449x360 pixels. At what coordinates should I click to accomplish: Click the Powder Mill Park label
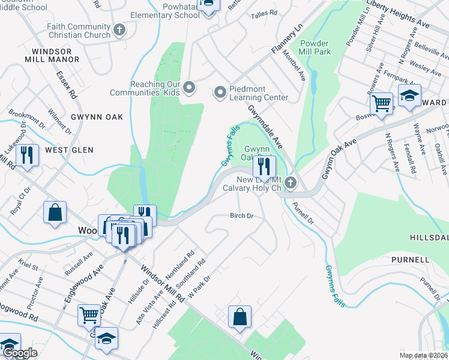(314, 47)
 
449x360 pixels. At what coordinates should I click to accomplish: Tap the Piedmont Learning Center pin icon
(220, 92)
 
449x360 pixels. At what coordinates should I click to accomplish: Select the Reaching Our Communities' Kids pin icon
(190, 88)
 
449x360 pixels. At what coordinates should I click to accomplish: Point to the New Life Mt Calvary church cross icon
(291, 182)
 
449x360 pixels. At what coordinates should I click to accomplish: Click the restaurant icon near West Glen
(27, 154)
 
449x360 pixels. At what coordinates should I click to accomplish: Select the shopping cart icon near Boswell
(381, 103)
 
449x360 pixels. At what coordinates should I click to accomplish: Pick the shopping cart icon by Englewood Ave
(89, 314)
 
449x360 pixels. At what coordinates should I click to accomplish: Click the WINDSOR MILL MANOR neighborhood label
(52, 56)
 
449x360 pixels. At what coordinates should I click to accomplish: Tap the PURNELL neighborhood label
(410, 260)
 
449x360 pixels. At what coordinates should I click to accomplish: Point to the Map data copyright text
(423, 355)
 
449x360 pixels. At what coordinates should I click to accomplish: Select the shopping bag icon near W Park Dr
(240, 316)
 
